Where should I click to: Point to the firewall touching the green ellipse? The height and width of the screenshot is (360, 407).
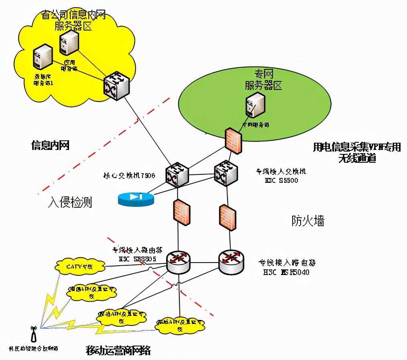pos(233,140)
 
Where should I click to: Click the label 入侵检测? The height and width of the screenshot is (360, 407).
pos(70,202)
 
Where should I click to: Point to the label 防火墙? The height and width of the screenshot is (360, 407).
pos(308,220)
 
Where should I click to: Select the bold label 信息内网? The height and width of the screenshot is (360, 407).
pos(51,145)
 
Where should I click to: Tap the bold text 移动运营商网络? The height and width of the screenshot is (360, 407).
pos(118,351)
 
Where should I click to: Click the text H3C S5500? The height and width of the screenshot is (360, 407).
pos(281,180)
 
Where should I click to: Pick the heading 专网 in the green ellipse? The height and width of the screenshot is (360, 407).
pos(263,74)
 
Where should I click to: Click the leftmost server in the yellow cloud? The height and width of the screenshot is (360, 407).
pos(43,57)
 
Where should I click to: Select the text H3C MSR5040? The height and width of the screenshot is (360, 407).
pos(286,272)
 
